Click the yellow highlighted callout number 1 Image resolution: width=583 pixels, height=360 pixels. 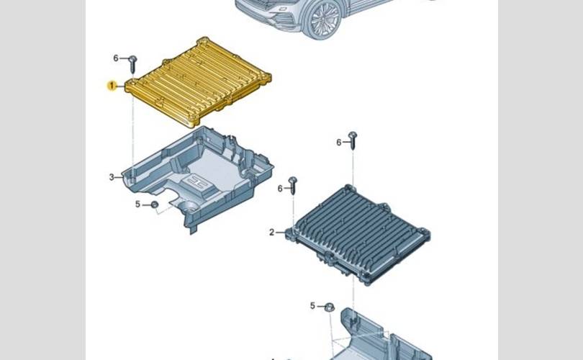[112, 86]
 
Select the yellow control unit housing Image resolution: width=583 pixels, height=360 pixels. [198, 82]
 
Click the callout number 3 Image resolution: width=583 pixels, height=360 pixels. [112, 177]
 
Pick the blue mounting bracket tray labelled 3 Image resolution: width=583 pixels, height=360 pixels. [199, 177]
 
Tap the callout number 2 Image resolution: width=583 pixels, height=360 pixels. [272, 233]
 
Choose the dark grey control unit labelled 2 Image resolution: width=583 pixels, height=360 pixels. [358, 234]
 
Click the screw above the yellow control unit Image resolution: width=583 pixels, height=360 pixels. [133, 64]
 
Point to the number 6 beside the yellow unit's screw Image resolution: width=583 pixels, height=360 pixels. [116, 58]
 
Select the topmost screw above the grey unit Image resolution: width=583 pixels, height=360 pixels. [353, 140]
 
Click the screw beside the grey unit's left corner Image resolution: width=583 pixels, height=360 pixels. [293, 185]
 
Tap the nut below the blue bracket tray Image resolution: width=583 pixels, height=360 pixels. [155, 204]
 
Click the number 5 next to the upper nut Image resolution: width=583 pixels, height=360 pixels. [137, 204]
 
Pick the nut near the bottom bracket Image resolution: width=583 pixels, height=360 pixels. [329, 307]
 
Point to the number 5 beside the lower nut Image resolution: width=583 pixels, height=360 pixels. [312, 306]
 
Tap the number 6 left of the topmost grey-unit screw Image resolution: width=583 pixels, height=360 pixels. [339, 143]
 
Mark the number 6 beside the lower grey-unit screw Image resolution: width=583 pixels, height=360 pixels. [280, 189]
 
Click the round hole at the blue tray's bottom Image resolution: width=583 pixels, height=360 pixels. [189, 207]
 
